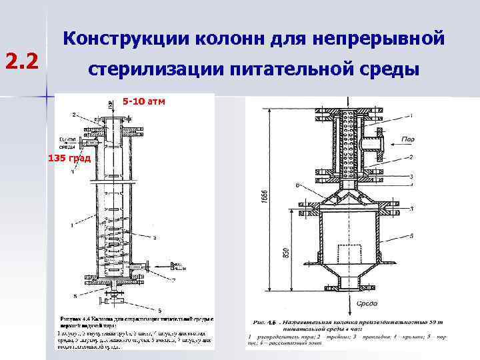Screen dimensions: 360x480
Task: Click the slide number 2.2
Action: pyautogui.click(x=24, y=62)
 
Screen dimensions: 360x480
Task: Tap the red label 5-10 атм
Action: pyautogui.click(x=144, y=101)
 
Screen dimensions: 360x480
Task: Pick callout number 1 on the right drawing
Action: pyautogui.click(x=411, y=116)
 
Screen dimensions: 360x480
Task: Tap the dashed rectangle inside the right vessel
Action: pyautogui.click(x=349, y=253)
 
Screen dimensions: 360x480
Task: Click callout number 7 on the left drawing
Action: pyautogui.click(x=174, y=263)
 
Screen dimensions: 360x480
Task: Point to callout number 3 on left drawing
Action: pyautogui.click(x=155, y=237)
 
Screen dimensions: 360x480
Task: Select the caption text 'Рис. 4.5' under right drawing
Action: pyautogui.click(x=265, y=321)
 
